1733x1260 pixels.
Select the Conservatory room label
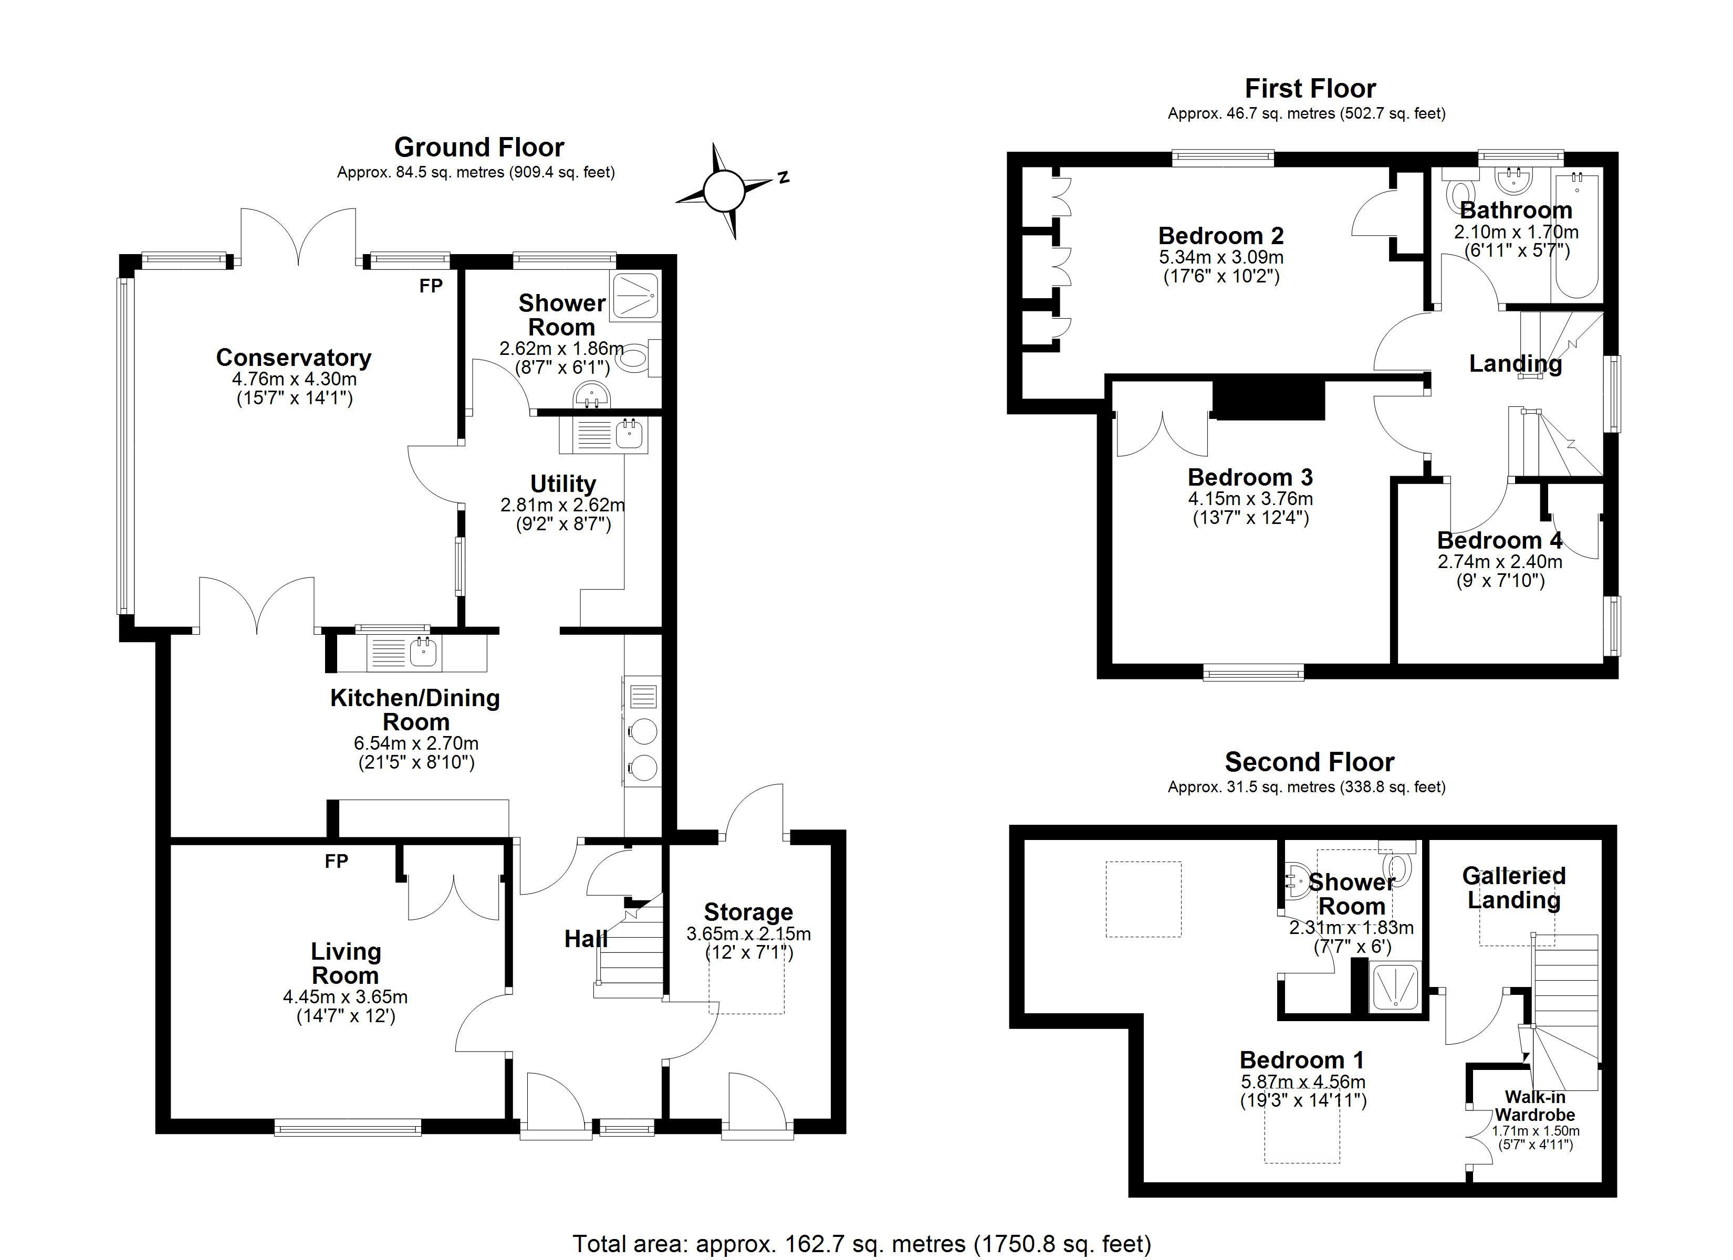[x=294, y=357]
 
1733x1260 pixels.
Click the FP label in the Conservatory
[x=431, y=286]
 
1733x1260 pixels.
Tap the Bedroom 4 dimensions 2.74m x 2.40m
[x=1499, y=562]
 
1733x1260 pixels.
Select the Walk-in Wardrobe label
[x=1535, y=1106]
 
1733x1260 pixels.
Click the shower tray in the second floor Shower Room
[x=1395, y=987]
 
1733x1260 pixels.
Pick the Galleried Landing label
[x=1513, y=887]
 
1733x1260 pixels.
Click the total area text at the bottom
[x=862, y=1243]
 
